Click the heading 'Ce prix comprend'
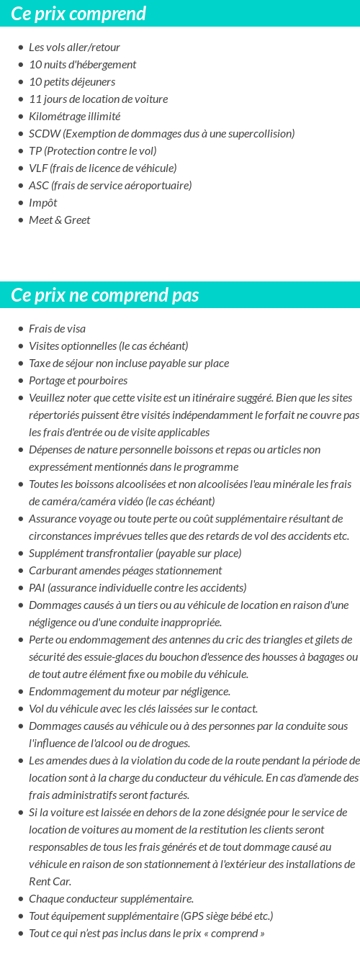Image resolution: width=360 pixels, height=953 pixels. (78, 14)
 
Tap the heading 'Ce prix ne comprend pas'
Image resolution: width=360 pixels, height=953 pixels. (105, 295)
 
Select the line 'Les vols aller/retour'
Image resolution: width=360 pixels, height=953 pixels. (74, 48)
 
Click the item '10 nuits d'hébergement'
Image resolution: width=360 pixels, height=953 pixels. (82, 65)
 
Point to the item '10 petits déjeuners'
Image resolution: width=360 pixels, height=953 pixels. (72, 82)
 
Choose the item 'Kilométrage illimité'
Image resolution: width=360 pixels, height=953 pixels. (74, 117)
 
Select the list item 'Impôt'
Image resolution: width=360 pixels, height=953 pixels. (42, 203)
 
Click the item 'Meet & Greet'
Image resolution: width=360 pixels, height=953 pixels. (59, 220)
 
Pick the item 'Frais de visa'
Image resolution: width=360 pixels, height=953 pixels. (57, 329)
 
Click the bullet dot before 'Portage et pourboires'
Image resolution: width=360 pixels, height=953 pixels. (20, 381)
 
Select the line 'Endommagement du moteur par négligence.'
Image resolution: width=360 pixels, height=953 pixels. (130, 692)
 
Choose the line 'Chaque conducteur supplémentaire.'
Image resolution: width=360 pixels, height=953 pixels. (111, 899)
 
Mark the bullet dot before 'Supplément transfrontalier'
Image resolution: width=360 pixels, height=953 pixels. (20, 554)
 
